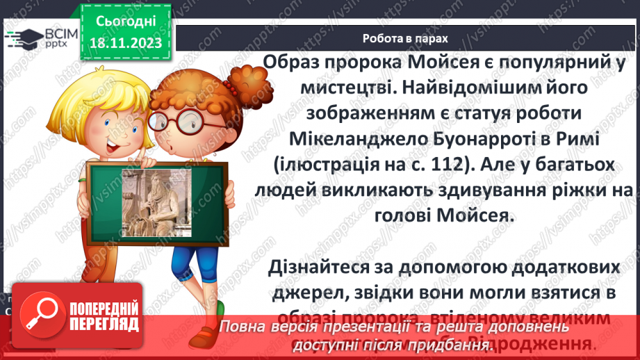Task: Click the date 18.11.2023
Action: (126, 43)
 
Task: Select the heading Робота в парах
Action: (406, 38)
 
